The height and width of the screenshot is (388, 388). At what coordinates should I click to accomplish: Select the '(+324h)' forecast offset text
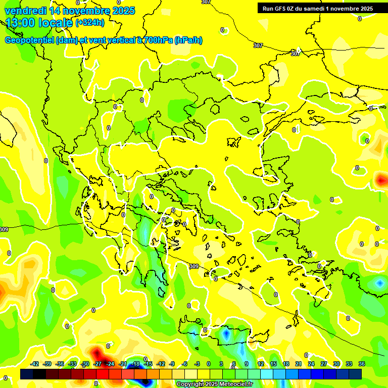click(x=90, y=23)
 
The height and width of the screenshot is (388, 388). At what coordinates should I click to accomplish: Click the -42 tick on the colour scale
click(x=34, y=364)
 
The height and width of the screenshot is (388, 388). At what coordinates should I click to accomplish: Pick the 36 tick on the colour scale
click(x=362, y=364)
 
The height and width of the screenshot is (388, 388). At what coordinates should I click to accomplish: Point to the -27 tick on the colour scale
click(x=98, y=364)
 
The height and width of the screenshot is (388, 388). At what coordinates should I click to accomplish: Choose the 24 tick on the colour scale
click(x=311, y=364)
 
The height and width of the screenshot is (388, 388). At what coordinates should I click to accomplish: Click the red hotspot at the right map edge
click(x=381, y=179)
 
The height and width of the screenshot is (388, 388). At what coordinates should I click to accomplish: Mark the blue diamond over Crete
click(x=226, y=334)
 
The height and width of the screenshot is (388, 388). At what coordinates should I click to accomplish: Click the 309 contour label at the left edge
click(x=4, y=229)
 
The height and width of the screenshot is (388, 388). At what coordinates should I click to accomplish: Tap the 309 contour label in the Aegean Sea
click(x=194, y=266)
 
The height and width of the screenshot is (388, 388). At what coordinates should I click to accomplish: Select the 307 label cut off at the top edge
click(x=206, y=2)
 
